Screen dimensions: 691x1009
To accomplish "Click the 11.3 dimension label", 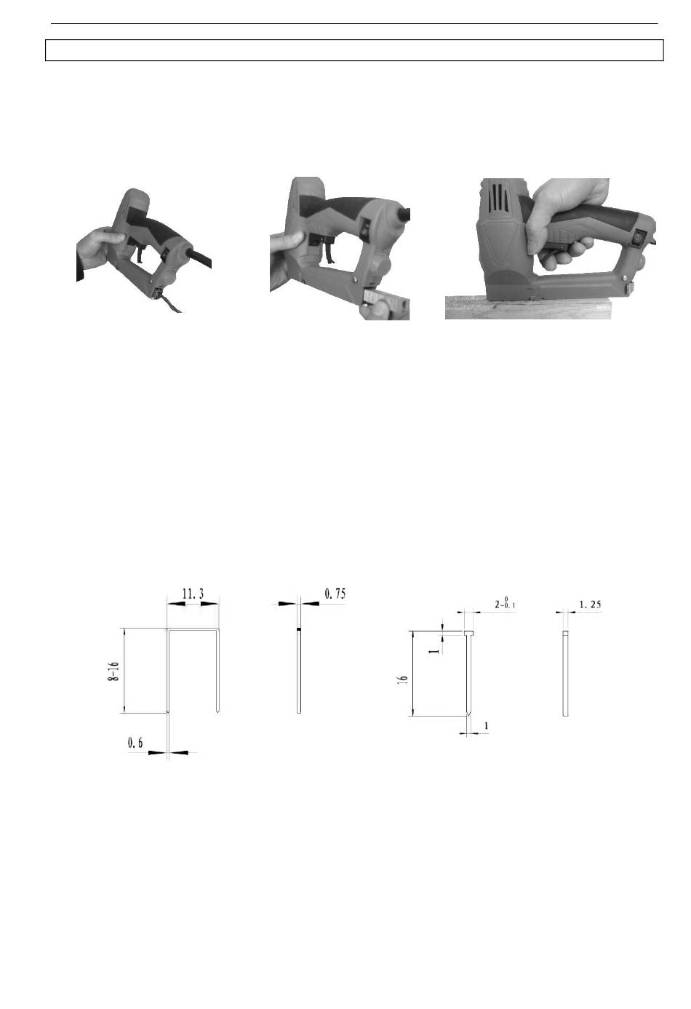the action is coord(193,594).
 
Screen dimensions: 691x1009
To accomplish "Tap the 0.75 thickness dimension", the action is coord(335,594).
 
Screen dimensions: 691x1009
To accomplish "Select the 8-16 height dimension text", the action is coord(113,671).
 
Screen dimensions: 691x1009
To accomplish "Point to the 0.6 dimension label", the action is coord(135,743).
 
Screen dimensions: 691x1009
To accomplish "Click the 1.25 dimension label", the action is coord(590,604).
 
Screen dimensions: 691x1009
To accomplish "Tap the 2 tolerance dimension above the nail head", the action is coord(505,602).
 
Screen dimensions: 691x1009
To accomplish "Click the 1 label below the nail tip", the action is coord(486,726).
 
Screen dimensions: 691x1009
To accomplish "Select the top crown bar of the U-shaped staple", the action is coord(193,629).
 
